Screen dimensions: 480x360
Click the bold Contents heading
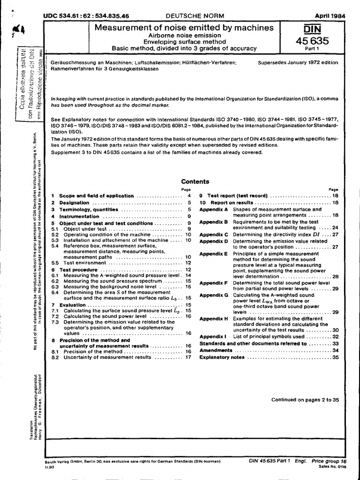[x=195, y=182]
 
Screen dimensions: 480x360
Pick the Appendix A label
[x=213, y=209]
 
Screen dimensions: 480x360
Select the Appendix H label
[x=213, y=318]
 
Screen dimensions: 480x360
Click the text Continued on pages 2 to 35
[x=305, y=400]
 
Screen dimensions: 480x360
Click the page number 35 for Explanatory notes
[x=335, y=357]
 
